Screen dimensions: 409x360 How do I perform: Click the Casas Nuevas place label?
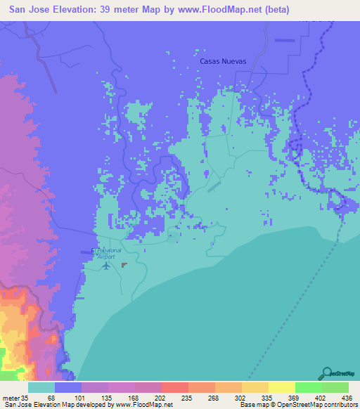(x=223, y=61)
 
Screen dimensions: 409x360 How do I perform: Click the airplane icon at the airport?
(x=106, y=266)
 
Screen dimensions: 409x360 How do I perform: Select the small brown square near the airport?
(x=124, y=265)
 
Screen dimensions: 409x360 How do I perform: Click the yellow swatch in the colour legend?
(x=281, y=388)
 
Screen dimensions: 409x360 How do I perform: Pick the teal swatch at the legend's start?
(x=41, y=388)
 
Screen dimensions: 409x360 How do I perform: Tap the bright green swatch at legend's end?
(x=335, y=388)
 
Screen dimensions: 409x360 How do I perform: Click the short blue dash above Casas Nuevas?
(x=285, y=40)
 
